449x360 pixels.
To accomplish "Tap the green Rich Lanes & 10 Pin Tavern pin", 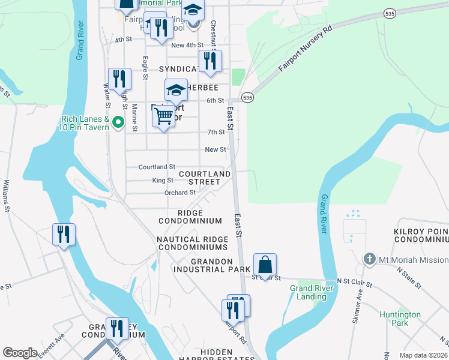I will (x=118, y=122).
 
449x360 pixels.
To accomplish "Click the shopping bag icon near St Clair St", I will (x=265, y=265).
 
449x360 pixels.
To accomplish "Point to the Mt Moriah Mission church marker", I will (x=370, y=260).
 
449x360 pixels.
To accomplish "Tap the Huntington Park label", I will (x=400, y=319).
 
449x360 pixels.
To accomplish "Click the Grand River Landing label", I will (x=309, y=293).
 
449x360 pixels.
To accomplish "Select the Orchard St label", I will (x=180, y=193).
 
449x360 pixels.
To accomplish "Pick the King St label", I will (x=162, y=180).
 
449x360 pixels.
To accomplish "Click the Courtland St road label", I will (x=157, y=167).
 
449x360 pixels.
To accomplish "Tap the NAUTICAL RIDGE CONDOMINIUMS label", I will (x=192, y=243).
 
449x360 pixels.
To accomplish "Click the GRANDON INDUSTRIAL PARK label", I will (x=211, y=266).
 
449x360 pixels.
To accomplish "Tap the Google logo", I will (x=20, y=353).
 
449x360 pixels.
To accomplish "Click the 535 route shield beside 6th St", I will (x=247, y=97).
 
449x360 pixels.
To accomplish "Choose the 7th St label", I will (x=215, y=132).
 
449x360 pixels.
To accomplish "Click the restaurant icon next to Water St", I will (x=119, y=80).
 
